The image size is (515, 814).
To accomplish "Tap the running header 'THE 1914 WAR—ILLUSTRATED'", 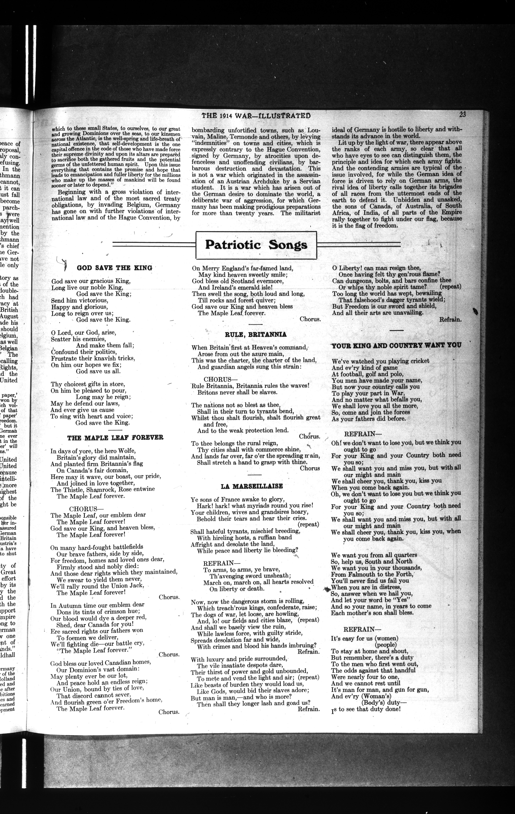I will click(x=256, y=116).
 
